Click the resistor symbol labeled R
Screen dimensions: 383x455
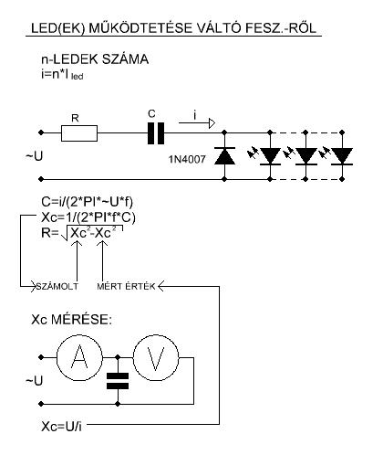pos(79,133)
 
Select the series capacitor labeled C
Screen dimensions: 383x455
pos(156,133)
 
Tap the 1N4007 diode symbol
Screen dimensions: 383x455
pos(224,156)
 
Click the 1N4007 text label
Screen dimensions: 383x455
pos(187,159)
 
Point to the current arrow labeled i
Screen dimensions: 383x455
pos(197,123)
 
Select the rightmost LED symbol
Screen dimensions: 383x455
pos(342,156)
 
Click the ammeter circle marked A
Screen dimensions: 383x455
pos(79,357)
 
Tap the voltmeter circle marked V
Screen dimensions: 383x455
pos(156,357)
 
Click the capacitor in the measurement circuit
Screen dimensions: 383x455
pos(118,381)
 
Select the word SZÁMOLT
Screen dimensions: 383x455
pos(57,287)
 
